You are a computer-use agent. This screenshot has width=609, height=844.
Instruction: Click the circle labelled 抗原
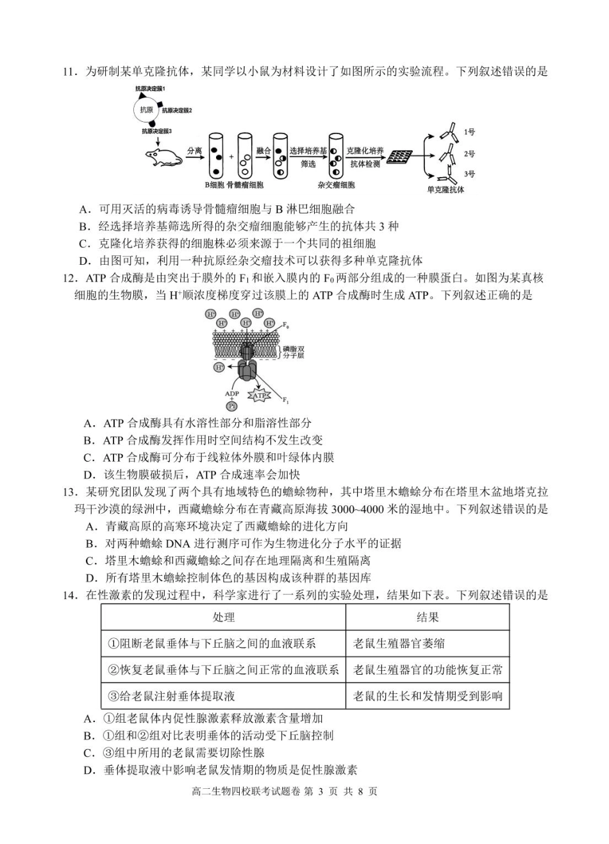pyautogui.click(x=147, y=109)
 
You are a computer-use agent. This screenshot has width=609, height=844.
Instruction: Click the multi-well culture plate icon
pyautogui.click(x=400, y=156)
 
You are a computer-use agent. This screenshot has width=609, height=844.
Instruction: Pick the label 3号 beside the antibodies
pyautogui.click(x=470, y=174)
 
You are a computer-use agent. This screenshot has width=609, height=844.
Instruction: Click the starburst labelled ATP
pyautogui.click(x=258, y=396)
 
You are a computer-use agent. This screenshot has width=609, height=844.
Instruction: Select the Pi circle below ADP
pyautogui.click(x=231, y=406)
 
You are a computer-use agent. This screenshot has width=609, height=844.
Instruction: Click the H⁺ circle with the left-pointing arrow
pyautogui.click(x=219, y=367)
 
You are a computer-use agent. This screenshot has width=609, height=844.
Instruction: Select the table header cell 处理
pyautogui.click(x=223, y=617)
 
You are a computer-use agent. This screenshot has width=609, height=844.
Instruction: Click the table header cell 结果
pyautogui.click(x=427, y=617)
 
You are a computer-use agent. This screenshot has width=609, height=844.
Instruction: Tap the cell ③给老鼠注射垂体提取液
pyautogui.click(x=176, y=696)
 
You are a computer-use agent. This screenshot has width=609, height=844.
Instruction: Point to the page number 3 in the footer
pyautogui.click(x=318, y=791)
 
